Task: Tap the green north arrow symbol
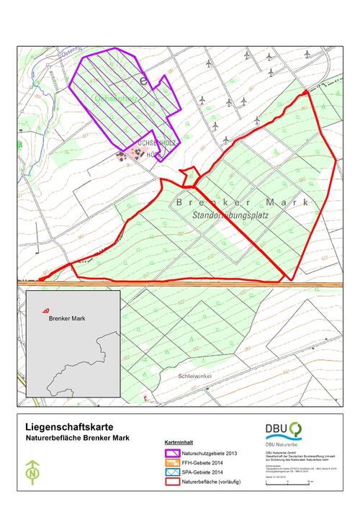(32, 474)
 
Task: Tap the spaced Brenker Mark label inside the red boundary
(227, 203)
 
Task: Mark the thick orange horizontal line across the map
(216, 285)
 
